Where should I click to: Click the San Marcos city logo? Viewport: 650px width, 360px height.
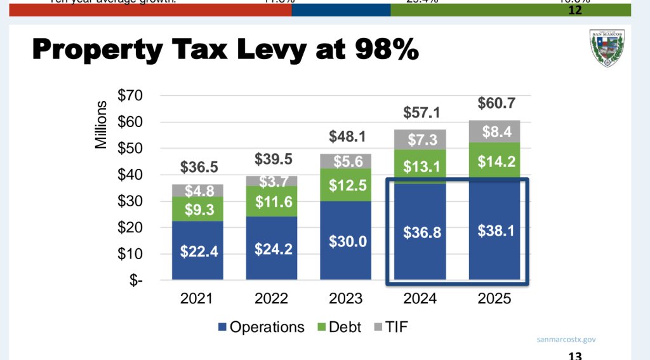tap(607, 48)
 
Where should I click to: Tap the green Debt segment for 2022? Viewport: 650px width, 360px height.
tap(272, 201)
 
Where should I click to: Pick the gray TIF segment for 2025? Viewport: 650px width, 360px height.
tap(494, 131)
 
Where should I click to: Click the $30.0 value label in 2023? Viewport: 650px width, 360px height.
tap(346, 241)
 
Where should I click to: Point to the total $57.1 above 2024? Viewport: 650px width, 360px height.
tap(420, 112)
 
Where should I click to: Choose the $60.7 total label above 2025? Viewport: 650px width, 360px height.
tap(494, 103)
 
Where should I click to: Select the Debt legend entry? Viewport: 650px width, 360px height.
tap(338, 327)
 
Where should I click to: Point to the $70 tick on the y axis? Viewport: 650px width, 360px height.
tap(129, 95)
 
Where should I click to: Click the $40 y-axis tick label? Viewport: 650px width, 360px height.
tap(129, 175)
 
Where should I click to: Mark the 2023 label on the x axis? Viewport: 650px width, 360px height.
tap(346, 298)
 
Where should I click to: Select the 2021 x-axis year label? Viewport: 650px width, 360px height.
tap(197, 298)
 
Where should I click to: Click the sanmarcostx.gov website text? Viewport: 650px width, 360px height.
tap(566, 340)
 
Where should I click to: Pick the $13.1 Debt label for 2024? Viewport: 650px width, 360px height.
tap(420, 166)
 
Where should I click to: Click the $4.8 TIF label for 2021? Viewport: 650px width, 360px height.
tap(197, 190)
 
